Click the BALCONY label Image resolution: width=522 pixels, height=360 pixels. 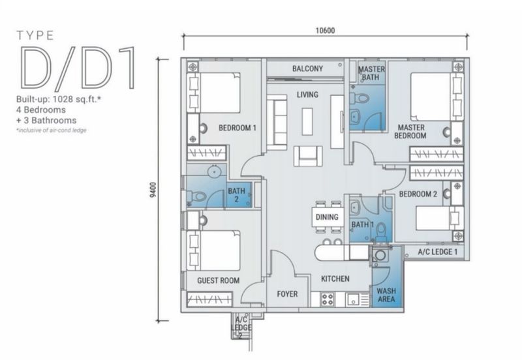(307, 69)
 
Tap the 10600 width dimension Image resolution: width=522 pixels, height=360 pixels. (325, 31)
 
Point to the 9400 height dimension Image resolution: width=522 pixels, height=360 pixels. (153, 190)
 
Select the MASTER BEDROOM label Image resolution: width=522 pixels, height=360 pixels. (410, 132)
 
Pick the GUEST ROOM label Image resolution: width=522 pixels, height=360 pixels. (218, 280)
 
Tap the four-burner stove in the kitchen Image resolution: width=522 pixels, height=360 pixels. (327, 299)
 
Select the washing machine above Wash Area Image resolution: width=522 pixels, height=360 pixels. (379, 255)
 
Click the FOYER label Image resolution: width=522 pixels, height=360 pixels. (287, 294)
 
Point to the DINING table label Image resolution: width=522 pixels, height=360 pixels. (327, 217)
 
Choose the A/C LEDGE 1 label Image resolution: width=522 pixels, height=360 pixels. (437, 252)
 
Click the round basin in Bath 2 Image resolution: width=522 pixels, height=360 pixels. (214, 172)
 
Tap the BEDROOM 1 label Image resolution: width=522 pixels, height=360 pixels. (238, 128)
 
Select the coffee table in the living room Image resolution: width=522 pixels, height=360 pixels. (307, 121)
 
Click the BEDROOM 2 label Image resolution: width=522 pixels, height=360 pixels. (418, 194)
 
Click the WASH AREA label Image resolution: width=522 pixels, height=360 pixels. (386, 295)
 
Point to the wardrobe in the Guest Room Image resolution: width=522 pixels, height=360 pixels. (209, 299)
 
